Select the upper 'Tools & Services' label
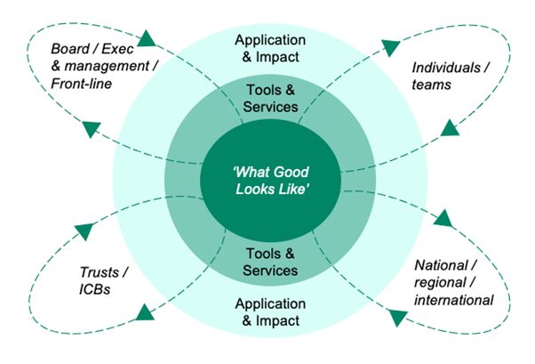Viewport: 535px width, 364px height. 267,100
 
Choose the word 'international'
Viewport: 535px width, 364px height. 452,300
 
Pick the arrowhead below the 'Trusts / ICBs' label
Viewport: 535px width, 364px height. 143,312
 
